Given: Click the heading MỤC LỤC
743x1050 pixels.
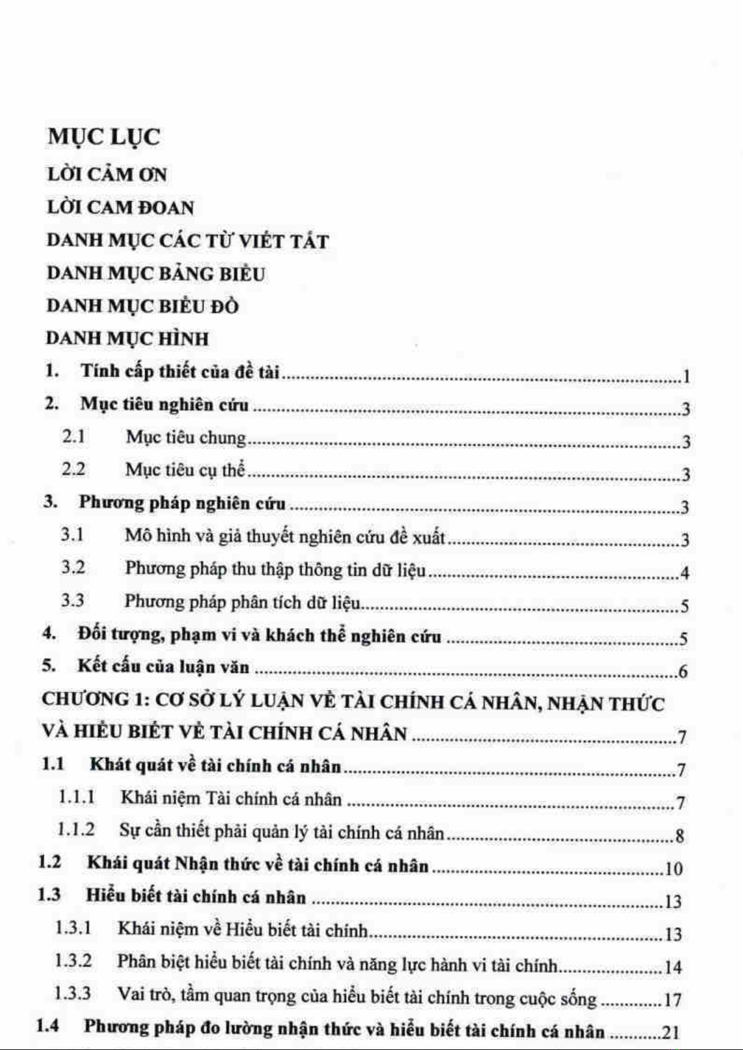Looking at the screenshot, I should pyautogui.click(x=103, y=137).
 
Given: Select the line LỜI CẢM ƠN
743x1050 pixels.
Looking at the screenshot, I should pyautogui.click(x=107, y=175).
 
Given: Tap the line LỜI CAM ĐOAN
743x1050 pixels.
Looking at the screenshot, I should pyautogui.click(x=120, y=208).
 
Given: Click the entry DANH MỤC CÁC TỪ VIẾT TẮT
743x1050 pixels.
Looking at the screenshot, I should pyautogui.click(x=187, y=241).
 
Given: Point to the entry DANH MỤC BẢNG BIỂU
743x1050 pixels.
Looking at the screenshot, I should pyautogui.click(x=156, y=274).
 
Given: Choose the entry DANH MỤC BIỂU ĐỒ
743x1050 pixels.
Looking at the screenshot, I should pyautogui.click(x=143, y=307).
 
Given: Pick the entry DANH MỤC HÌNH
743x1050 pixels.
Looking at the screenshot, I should pyautogui.click(x=128, y=339).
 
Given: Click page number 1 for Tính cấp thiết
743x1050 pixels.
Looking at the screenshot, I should pyautogui.click(x=686, y=376).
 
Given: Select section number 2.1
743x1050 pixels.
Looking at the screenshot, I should pyautogui.click(x=73, y=437).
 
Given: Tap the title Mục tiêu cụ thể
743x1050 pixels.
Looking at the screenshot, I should pyautogui.click(x=185, y=470).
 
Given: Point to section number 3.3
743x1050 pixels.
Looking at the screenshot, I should pyautogui.click(x=72, y=601).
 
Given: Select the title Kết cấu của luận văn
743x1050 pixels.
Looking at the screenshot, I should pyautogui.click(x=163, y=667).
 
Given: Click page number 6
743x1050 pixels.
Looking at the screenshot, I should pyautogui.click(x=683, y=672).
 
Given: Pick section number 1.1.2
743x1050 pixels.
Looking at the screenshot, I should pyautogui.click(x=76, y=830).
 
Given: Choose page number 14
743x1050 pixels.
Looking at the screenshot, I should pyautogui.click(x=673, y=967).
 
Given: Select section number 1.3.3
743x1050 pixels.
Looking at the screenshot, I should pyautogui.click(x=73, y=993).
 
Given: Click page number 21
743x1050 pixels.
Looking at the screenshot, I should pyautogui.click(x=670, y=1033).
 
